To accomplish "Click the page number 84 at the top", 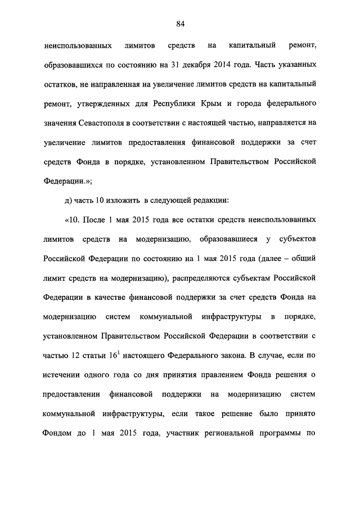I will click(180, 24).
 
